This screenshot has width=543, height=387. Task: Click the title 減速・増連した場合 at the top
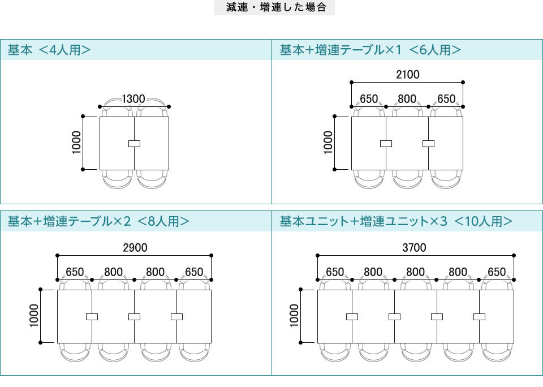click(274, 8)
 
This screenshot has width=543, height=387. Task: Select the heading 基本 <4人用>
click(49, 50)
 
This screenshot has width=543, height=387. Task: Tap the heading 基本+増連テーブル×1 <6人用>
click(370, 50)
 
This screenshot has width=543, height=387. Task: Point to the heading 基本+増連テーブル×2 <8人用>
click(98, 221)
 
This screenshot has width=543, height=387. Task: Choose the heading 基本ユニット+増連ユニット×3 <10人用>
click(397, 221)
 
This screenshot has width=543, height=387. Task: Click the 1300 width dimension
click(134, 99)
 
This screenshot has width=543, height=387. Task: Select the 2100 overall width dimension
click(407, 75)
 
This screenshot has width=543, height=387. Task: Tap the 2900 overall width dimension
click(135, 248)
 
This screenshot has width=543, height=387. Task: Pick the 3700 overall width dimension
click(415, 248)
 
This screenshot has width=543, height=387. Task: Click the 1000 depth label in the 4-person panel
click(77, 143)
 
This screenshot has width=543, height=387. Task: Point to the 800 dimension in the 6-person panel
click(407, 99)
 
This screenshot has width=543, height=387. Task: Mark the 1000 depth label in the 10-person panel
click(294, 316)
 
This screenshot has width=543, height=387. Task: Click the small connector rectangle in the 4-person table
click(134, 144)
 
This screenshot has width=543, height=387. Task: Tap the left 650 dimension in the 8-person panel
click(75, 272)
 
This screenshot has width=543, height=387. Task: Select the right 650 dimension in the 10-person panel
click(497, 272)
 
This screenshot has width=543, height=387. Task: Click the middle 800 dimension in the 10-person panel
click(415, 272)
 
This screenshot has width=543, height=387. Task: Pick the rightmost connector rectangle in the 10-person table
click(479, 317)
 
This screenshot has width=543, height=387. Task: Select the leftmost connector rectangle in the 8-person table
click(92, 317)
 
